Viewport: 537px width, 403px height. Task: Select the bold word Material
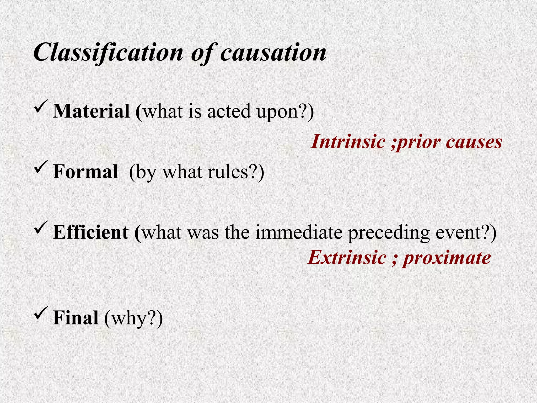point(91,111)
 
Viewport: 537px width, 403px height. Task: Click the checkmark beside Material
point(41,106)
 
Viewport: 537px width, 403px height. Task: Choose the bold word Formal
point(85,172)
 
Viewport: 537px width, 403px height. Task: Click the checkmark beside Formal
point(41,167)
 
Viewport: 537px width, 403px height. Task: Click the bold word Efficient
point(91,232)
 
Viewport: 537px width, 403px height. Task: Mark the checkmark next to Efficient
point(41,227)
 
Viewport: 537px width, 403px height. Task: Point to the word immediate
point(299,232)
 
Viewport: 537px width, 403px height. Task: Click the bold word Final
point(76,318)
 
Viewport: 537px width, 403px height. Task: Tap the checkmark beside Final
point(41,312)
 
